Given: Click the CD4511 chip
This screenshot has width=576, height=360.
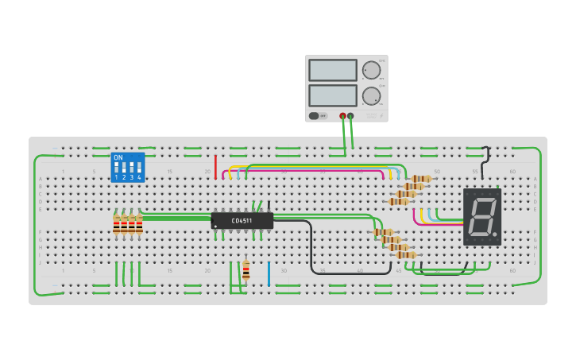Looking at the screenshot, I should coord(242,220).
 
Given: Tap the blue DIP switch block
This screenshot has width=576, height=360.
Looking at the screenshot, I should coord(127,168).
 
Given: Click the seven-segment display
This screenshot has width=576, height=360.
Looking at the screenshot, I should coord(482,216).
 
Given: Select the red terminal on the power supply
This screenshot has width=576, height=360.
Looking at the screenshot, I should coord(342,116).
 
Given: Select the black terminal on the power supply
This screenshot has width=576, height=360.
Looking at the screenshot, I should coord(350,116).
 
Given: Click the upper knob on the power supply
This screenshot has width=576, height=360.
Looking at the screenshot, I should coord(371,70).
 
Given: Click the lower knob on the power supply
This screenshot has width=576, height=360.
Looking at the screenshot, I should coord(371,96).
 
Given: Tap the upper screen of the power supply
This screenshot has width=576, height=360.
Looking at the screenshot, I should coord(332,70).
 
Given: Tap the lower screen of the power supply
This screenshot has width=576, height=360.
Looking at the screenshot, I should coord(332,95).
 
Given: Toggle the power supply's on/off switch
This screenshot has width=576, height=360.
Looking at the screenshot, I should coord(315,116).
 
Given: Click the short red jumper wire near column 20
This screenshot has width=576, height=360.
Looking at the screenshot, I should coord(215,167).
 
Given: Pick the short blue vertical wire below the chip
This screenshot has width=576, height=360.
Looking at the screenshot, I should coord(269,273).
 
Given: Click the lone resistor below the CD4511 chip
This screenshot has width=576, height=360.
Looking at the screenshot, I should coord(245,269).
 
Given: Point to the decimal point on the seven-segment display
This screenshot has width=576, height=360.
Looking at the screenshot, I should coord(497,236).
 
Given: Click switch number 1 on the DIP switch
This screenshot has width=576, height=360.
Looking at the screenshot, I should coord(117,168).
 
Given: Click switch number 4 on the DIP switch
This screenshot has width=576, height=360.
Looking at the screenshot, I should coord(139,168).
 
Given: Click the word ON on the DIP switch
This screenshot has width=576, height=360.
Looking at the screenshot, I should coord(118,157).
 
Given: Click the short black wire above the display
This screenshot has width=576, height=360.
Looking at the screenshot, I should coord(485,162).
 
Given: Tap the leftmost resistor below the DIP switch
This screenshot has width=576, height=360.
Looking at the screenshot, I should coord(116,226).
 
